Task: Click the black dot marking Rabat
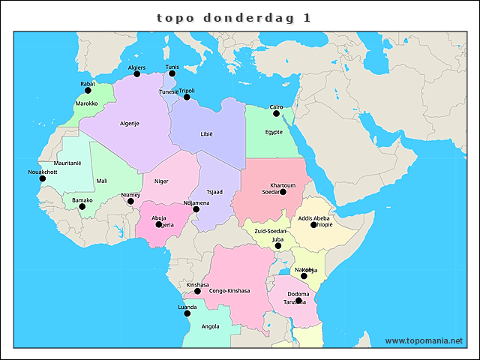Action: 88,91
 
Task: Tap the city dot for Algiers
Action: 136,74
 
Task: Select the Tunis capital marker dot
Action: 172,74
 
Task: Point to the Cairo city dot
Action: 276,114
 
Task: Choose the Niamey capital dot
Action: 130,201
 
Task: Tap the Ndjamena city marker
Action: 196,209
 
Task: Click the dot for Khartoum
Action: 283,192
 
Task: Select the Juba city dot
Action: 277,246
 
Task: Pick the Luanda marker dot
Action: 187,313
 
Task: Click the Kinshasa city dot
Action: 197,291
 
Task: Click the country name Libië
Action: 206,133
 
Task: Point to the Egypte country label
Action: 274,132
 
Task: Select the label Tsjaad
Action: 214,191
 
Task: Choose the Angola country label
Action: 211,326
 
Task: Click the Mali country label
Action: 102,181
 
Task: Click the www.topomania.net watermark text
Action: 424,340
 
